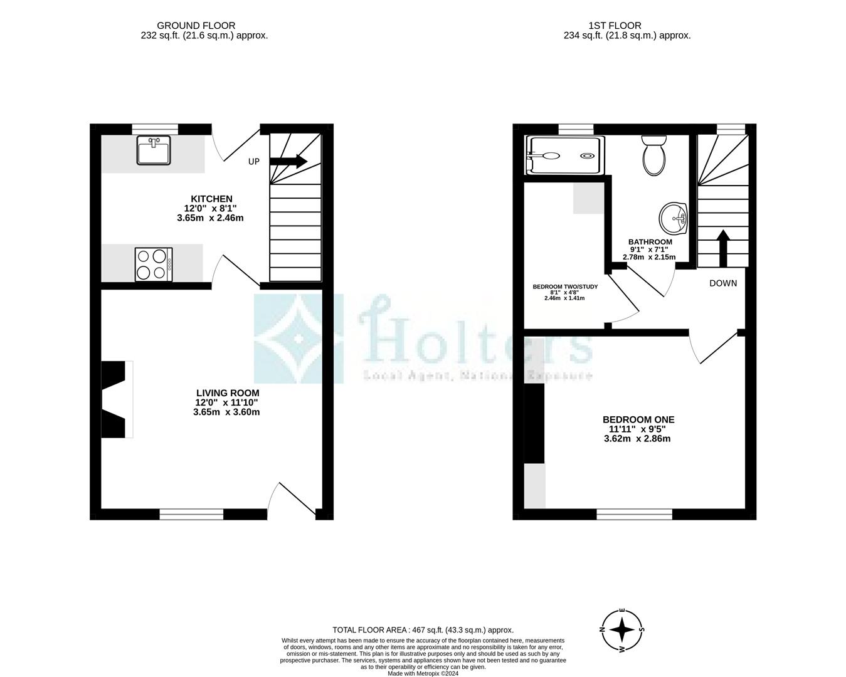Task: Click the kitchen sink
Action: [153, 151]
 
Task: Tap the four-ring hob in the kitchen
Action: [154, 264]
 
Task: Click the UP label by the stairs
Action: [253, 162]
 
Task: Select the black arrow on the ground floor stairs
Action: [288, 161]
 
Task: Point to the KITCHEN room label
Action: [211, 199]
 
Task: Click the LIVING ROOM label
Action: [227, 393]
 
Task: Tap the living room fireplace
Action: [116, 399]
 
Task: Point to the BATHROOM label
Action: [650, 242]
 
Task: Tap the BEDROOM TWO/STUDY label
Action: [565, 286]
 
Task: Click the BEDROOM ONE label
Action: [638, 419]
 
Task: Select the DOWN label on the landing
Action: [723, 283]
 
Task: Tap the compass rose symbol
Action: [621, 630]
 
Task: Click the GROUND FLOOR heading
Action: [196, 26]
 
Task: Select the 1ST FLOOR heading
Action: [615, 26]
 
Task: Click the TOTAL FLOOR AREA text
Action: [423, 630]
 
